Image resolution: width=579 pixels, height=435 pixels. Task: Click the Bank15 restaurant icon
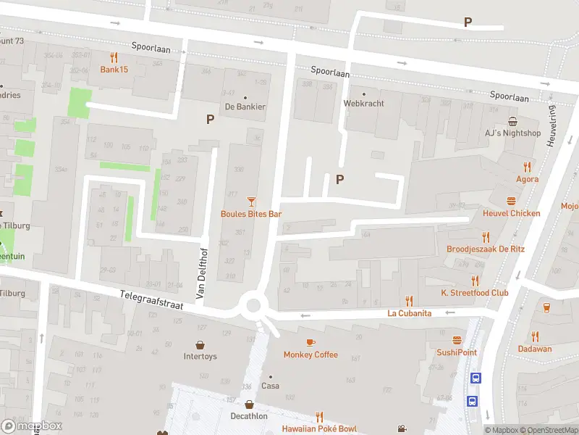(x=114, y=57)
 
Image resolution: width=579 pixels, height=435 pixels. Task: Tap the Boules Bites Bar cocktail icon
(x=251, y=201)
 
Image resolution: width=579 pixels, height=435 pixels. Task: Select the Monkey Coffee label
(x=310, y=355)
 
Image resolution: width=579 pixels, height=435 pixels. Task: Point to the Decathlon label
(x=249, y=416)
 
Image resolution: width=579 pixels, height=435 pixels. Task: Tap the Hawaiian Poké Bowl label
(x=319, y=428)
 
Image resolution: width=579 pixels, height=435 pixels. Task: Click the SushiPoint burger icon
(x=457, y=339)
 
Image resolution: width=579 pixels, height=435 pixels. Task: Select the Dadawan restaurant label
(x=534, y=349)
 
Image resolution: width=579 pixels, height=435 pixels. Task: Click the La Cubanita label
(x=409, y=313)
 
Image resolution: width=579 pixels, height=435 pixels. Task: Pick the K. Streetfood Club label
(x=475, y=293)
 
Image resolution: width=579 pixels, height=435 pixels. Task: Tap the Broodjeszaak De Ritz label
(x=486, y=249)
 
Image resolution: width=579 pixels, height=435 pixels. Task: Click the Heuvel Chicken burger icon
(x=512, y=201)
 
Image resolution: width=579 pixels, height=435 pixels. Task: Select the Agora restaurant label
(x=527, y=179)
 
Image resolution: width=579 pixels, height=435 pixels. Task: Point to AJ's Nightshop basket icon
(x=512, y=121)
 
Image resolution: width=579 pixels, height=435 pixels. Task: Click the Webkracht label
(x=363, y=104)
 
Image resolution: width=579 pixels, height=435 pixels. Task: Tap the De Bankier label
(x=245, y=107)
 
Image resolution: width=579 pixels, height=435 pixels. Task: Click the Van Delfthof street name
(x=202, y=273)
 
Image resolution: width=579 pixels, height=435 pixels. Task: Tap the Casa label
(x=270, y=386)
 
